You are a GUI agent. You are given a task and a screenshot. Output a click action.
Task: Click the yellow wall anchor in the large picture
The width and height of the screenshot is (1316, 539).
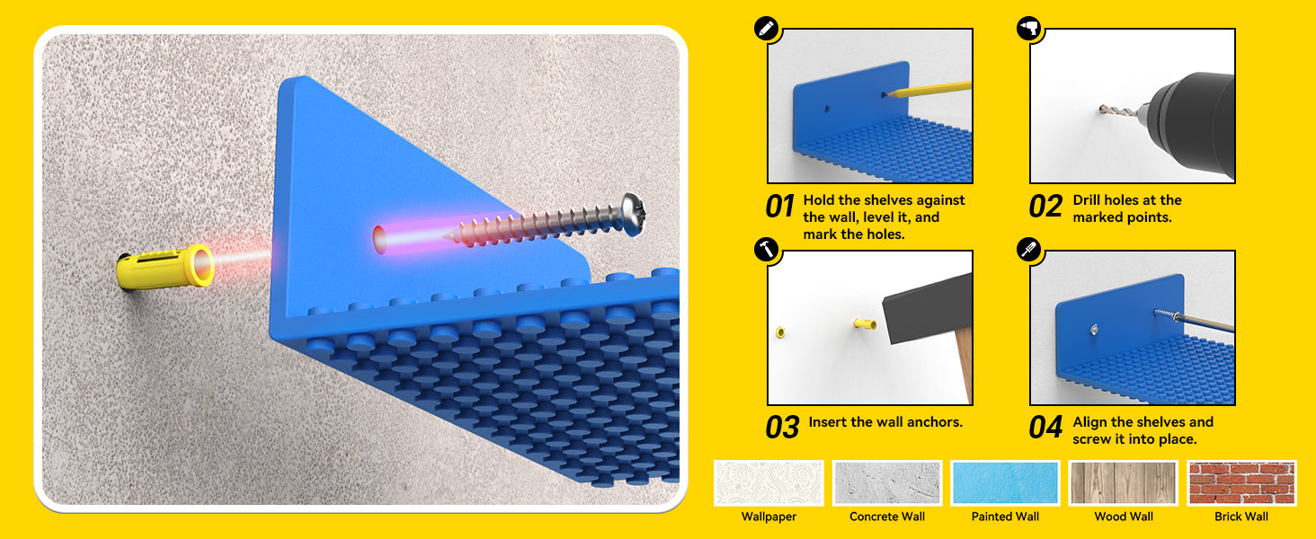pos(165,268)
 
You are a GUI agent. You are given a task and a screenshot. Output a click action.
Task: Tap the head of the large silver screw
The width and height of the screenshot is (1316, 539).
pos(634,215)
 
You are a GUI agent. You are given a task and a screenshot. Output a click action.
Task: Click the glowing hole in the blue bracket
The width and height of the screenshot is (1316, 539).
pos(380,239)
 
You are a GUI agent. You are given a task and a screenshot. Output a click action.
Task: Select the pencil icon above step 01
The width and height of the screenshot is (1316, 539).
pos(766,28)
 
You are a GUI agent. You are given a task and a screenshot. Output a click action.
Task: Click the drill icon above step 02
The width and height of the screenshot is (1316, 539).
pos(1028,28)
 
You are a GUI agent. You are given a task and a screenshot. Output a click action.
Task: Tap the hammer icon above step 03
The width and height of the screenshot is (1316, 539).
pos(766,250)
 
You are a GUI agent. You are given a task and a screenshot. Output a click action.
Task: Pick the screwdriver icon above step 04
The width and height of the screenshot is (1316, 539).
pos(1028,250)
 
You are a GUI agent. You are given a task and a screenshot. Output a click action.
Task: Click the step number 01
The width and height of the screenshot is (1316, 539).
pos(780,207)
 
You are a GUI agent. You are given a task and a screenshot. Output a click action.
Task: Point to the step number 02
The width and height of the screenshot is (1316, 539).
pos(1045,207)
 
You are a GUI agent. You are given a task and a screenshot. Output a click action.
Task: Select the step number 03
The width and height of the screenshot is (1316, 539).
pos(783,428)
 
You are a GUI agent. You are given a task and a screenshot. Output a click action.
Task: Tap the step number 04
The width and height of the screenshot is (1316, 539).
pos(1045,428)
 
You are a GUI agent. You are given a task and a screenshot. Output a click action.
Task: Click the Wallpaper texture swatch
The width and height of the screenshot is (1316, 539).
pos(769,482)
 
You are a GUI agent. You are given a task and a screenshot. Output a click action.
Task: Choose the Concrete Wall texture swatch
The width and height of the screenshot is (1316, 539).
pos(887,482)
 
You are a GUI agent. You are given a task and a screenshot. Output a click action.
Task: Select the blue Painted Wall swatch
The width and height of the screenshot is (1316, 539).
pos(1005,482)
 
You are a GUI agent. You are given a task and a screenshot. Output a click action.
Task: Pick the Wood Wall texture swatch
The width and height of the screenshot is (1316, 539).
pos(1124,482)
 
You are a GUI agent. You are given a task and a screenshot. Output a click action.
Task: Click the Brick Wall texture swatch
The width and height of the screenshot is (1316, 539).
pos(1241,482)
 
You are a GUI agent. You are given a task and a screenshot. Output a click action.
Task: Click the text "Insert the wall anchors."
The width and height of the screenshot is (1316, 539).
pos(885,422)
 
